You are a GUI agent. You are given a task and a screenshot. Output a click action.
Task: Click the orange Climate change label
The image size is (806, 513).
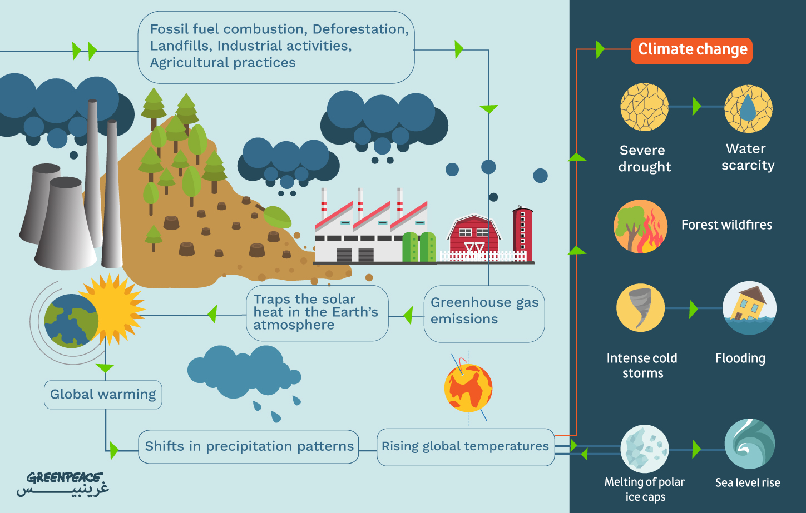[x=691, y=51]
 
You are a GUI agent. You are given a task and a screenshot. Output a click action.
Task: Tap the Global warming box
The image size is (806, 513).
[x=103, y=395]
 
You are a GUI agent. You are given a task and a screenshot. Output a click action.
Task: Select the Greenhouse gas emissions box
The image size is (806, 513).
[x=484, y=313]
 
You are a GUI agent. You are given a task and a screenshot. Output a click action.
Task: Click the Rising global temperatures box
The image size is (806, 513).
[x=466, y=447]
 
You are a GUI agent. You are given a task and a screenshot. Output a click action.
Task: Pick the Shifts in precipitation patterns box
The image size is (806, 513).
[x=249, y=446]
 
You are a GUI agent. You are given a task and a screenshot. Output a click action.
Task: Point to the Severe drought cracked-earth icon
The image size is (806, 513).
[x=645, y=107]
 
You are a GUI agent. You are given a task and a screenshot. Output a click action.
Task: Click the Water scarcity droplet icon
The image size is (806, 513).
[x=749, y=108]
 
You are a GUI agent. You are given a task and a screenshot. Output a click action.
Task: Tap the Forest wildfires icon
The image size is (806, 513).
[x=640, y=226]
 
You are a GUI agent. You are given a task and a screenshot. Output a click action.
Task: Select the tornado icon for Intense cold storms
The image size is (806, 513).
[x=640, y=308]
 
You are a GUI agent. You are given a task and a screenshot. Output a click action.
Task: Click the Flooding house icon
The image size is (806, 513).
[x=749, y=308]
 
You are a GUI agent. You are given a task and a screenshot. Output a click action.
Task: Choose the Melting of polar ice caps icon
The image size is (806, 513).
[x=645, y=449]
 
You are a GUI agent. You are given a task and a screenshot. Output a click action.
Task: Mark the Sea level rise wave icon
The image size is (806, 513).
[x=749, y=444]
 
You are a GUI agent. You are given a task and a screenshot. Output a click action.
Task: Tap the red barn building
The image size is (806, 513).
[x=473, y=237]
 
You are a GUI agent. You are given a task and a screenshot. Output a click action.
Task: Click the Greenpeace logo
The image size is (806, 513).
[x=63, y=484]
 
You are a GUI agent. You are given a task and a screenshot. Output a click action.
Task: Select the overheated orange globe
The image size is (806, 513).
[x=468, y=388]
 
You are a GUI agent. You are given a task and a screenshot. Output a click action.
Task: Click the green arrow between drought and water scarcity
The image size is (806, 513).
[x=697, y=107]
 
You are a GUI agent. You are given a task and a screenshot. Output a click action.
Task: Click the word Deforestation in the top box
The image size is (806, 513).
[x=360, y=29]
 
